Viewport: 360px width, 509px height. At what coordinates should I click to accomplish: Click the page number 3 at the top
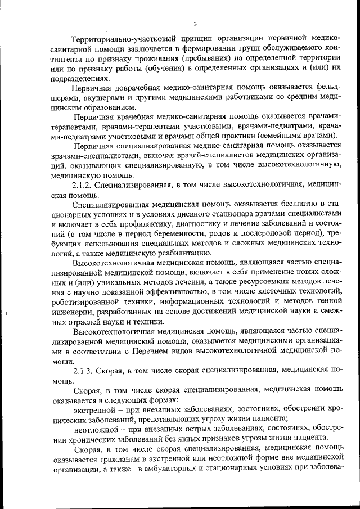pyautogui.click(x=195, y=24)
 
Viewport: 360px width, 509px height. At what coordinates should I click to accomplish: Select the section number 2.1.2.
pyautogui.click(x=83, y=184)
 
